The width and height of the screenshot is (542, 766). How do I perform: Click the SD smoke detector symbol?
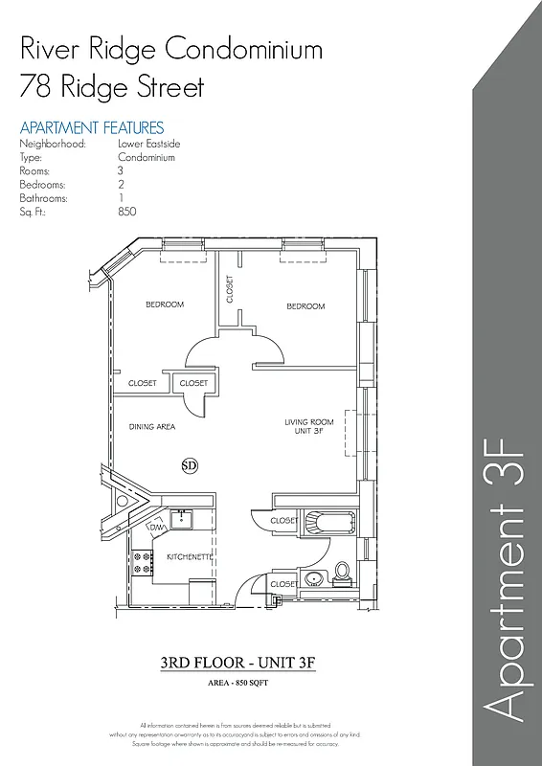189,465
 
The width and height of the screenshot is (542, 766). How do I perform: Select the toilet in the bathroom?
342,574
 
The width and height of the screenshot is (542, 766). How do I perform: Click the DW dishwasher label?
155,528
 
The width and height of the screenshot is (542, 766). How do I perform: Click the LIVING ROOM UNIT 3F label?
308,427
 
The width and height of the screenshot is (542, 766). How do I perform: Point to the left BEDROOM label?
165,304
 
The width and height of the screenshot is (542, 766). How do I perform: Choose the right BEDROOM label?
305,306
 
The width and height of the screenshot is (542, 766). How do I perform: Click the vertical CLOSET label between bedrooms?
230,289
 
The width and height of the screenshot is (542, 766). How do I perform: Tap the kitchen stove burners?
140,563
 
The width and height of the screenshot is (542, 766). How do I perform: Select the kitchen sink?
182,521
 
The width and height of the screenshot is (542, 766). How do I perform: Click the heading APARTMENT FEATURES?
92,127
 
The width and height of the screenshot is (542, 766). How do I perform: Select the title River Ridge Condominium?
170,49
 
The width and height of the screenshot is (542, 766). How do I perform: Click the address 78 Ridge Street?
112,88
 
